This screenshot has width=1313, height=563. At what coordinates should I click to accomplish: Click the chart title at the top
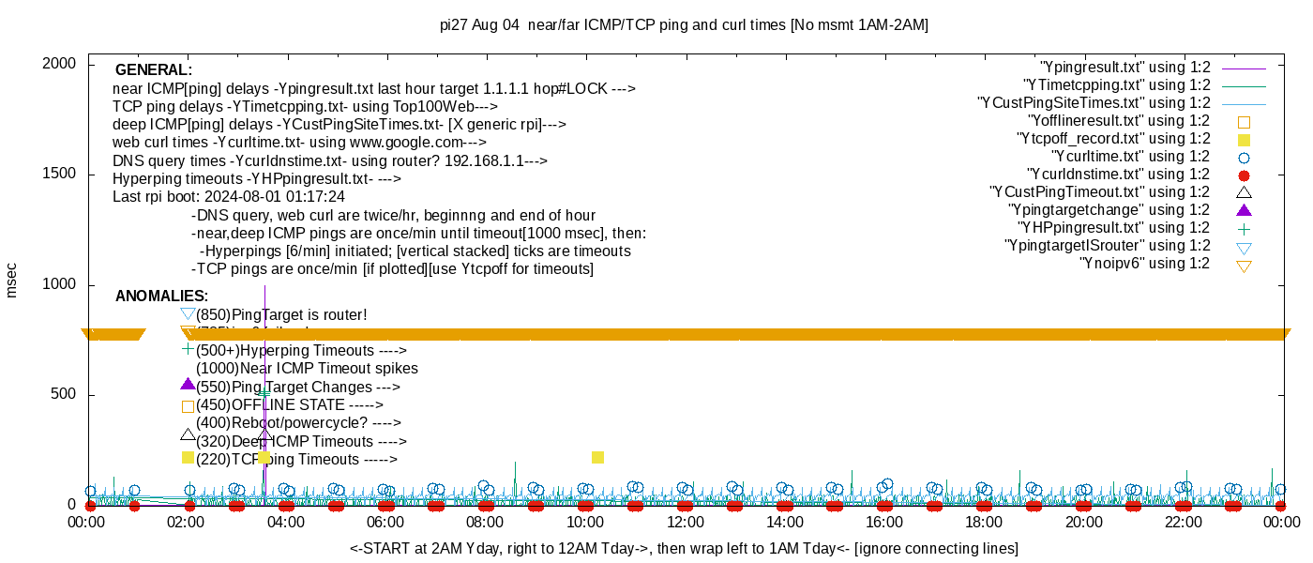[684, 25]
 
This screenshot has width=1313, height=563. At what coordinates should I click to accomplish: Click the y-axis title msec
[12, 280]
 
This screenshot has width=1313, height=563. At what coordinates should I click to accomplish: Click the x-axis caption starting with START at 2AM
[684, 548]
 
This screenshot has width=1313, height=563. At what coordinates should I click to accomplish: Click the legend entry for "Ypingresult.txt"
[1125, 68]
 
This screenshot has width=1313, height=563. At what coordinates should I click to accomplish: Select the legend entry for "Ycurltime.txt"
[1131, 157]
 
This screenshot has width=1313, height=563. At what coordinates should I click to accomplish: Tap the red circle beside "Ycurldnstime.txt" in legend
[1245, 175]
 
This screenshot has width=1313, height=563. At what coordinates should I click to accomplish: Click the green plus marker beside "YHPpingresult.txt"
[1245, 228]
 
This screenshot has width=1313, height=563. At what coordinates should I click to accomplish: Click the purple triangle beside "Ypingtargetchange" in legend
[1245, 210]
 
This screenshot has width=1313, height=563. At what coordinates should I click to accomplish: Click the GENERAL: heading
[154, 70]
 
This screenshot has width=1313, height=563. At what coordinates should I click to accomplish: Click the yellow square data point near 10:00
[597, 457]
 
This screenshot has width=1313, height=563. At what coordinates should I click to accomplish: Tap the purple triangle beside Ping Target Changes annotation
[188, 385]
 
